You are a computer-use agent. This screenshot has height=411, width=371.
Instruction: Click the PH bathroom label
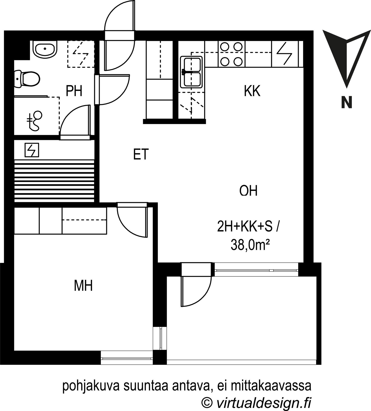[x=74, y=91]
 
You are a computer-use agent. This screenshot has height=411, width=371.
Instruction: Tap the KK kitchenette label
[x=252, y=91]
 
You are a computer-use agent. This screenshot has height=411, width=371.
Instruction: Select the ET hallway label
[x=141, y=154]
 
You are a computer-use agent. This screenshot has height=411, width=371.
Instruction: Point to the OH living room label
[x=249, y=191]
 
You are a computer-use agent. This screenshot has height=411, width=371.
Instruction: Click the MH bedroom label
[x=83, y=286]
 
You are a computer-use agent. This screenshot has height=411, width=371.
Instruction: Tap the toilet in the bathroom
[x=27, y=78]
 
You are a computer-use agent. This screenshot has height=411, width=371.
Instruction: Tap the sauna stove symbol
[x=32, y=150]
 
